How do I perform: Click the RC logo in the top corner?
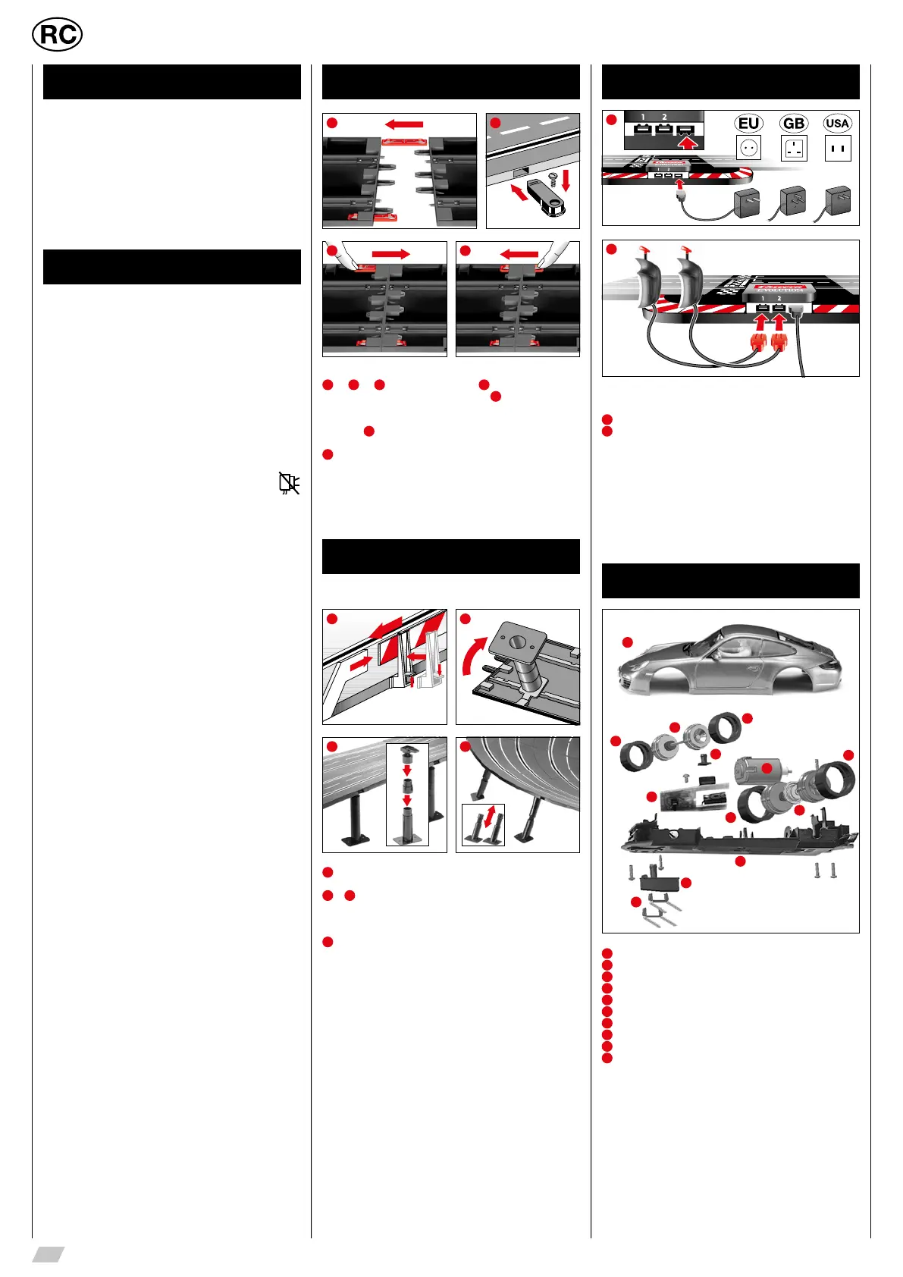58,35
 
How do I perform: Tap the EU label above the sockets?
748,124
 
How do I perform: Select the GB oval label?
794,124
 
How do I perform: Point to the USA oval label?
837,124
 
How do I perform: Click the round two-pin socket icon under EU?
748,148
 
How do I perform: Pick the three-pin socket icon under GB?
794,148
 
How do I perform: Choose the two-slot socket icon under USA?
838,148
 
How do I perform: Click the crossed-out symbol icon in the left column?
289,483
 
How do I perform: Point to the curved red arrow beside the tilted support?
473,656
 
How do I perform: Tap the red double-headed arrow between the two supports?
491,817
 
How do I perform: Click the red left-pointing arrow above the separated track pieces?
403,124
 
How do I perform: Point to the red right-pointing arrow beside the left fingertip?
391,254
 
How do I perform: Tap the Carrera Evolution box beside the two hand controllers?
772,290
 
